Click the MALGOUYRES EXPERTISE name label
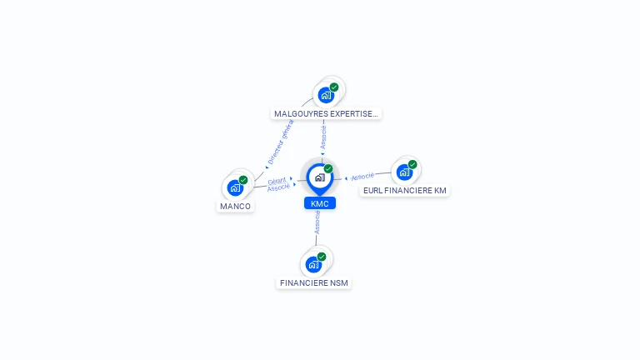pyautogui.click(x=327, y=113)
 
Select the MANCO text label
pyautogui.click(x=235, y=206)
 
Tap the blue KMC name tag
pyautogui.click(x=319, y=203)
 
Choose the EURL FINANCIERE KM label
pyautogui.click(x=405, y=190)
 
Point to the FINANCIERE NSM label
pyautogui.click(x=314, y=282)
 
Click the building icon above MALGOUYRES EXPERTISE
pyautogui.click(x=326, y=94)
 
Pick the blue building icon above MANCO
pyautogui.click(x=235, y=187)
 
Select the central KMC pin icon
pyautogui.click(x=319, y=177)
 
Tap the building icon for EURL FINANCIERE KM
pyautogui.click(x=404, y=172)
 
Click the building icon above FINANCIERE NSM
pyautogui.click(x=313, y=264)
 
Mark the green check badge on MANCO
pyautogui.click(x=243, y=180)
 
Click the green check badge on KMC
pyautogui.click(x=328, y=168)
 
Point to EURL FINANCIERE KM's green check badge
pyautogui.click(x=412, y=164)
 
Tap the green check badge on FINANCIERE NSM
pyautogui.click(x=322, y=257)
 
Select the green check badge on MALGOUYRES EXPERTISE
pyautogui.click(x=334, y=87)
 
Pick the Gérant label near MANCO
pyautogui.click(x=277, y=180)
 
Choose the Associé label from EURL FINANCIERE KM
pyautogui.click(x=362, y=177)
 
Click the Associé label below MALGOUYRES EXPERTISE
pyautogui.click(x=324, y=137)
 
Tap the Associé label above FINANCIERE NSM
pyautogui.click(x=317, y=222)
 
